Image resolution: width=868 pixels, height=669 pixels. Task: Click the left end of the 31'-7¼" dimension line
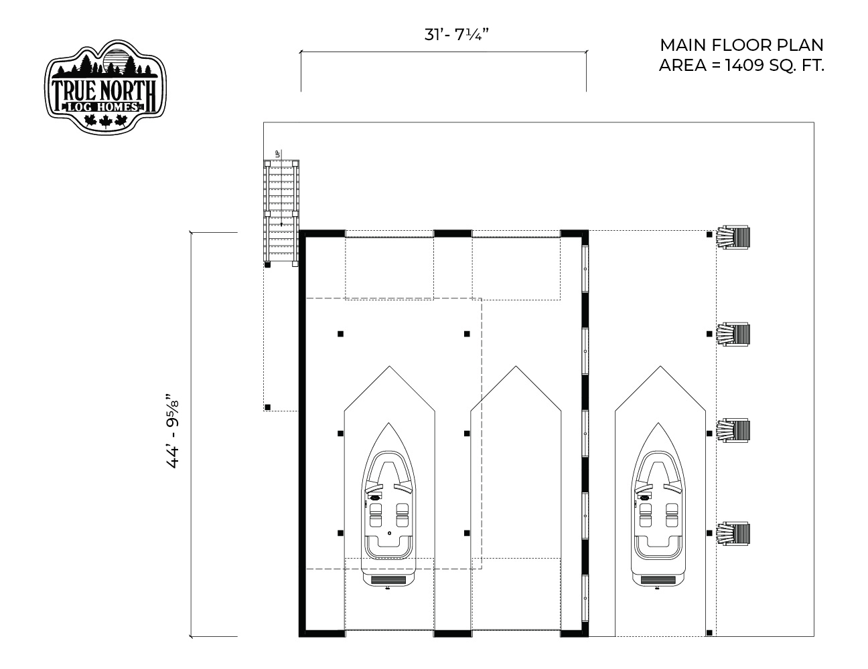[301, 52]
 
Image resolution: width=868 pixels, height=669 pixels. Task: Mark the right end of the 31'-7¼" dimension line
[587, 52]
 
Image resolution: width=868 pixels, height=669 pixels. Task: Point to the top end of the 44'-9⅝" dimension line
[191, 232]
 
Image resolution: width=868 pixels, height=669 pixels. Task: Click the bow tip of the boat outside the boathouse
[658, 423]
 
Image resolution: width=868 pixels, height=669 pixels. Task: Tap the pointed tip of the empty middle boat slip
[516, 366]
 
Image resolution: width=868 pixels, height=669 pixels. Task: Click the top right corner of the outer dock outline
[814, 122]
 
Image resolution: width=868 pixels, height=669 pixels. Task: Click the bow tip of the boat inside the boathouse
[388, 423]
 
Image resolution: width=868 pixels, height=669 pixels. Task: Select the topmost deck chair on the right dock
[733, 237]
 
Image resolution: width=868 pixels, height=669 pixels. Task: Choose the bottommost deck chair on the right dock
[733, 534]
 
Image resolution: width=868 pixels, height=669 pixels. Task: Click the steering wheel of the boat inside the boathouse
[375, 498]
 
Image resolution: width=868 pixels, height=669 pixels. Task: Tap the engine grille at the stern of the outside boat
[658, 580]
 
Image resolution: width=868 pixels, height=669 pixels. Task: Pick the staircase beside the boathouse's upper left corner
[281, 213]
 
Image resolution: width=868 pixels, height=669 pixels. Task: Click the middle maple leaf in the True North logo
[105, 121]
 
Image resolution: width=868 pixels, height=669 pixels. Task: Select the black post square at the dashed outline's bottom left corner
[268, 407]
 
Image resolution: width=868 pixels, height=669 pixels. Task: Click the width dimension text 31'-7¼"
[457, 35]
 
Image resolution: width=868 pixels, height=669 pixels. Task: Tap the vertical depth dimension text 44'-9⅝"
[173, 431]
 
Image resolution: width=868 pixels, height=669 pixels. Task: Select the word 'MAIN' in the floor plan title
[683, 45]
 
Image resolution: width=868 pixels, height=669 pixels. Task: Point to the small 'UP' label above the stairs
[277, 153]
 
